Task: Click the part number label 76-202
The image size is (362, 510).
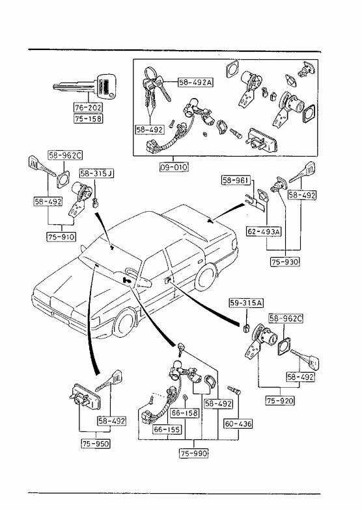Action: [88, 107]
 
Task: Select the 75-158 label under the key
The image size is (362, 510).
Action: [88, 118]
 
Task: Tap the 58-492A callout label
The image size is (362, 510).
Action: [195, 83]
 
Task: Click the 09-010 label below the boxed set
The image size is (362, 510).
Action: [174, 167]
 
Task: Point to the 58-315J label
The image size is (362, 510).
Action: [97, 173]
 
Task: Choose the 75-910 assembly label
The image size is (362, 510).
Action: [61, 236]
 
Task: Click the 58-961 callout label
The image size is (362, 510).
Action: [236, 180]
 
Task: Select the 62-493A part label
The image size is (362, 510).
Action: [264, 231]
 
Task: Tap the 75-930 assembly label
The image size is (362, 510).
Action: [285, 262]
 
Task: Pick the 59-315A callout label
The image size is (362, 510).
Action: [246, 303]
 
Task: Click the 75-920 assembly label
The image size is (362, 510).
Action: [280, 400]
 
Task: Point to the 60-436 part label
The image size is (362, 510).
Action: [238, 424]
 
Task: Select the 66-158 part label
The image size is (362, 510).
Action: [185, 413]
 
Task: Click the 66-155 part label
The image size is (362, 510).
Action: [167, 429]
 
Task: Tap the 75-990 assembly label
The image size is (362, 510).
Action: [193, 453]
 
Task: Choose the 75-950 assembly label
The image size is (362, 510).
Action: [96, 443]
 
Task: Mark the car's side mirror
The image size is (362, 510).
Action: [144, 282]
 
